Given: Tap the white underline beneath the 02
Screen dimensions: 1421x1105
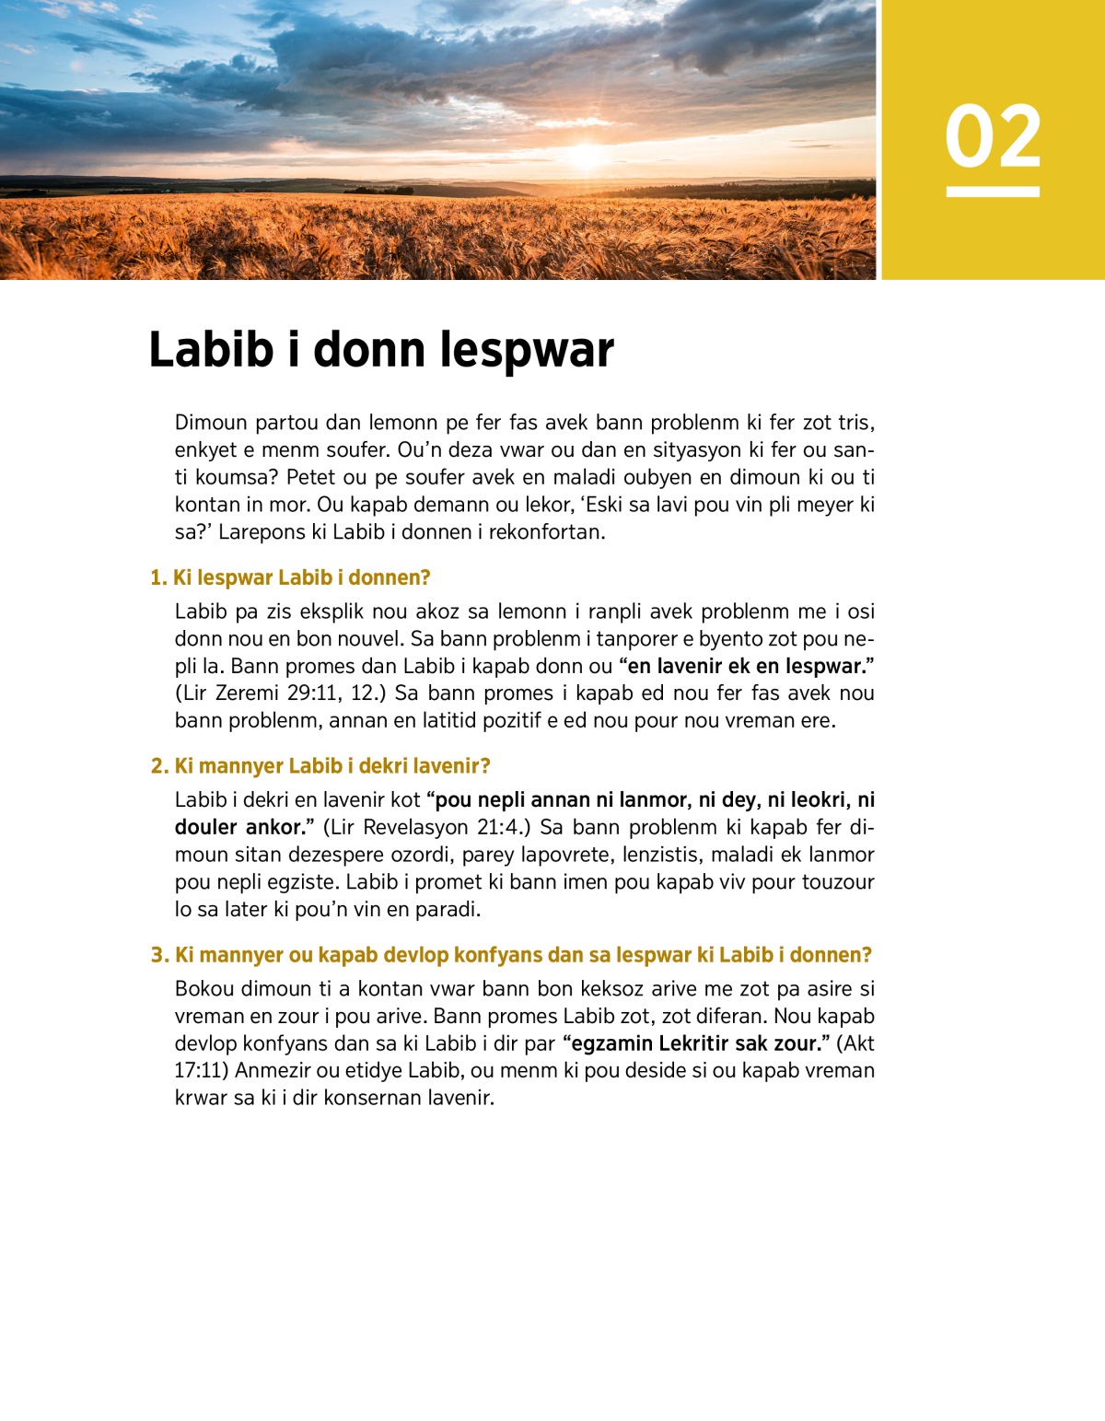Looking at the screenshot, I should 993,192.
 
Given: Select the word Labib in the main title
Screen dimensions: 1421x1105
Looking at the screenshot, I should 211,350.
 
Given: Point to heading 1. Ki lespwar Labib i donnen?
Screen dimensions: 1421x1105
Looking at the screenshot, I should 290,577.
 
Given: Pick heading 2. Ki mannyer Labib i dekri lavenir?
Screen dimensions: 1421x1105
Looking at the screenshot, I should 320,766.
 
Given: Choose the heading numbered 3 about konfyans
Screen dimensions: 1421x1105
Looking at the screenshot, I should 511,955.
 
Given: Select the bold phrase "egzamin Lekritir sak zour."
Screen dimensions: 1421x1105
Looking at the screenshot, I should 694,1043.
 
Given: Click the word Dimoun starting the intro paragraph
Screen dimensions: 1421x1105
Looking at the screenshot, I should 211,423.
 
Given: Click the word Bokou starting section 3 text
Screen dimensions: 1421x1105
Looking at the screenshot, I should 204,989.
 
